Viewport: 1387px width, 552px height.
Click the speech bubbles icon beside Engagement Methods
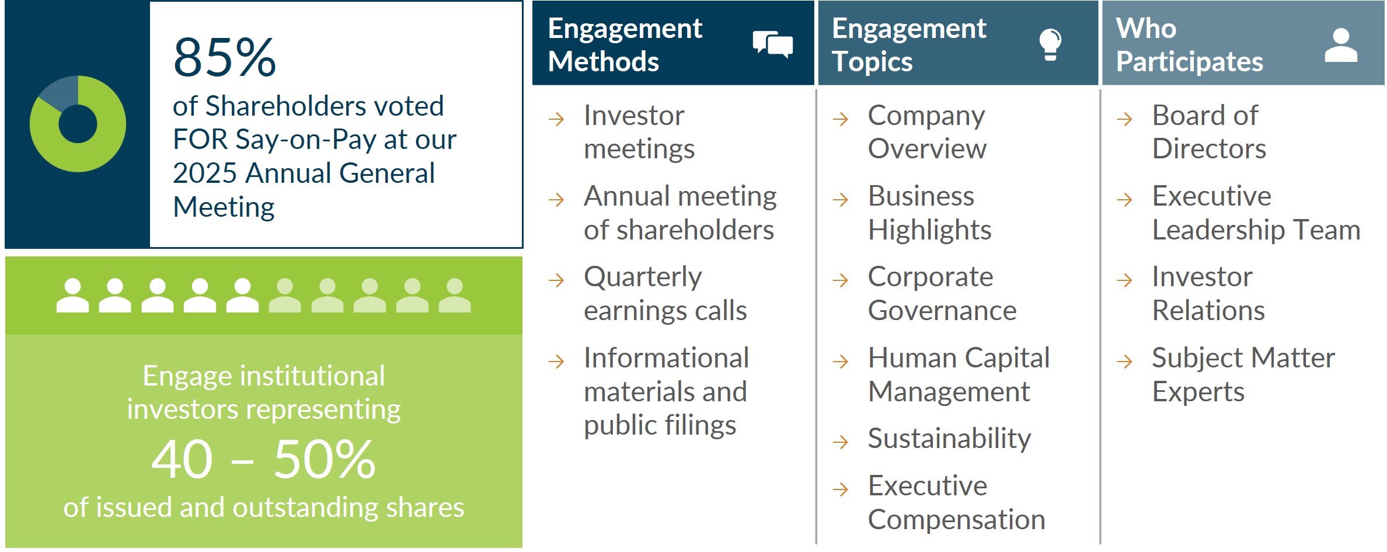772,44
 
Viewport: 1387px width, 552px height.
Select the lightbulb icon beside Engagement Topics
1050,44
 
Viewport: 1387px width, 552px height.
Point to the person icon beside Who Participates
1341,45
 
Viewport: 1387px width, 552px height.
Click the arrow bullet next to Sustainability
840,442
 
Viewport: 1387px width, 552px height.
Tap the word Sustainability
949,439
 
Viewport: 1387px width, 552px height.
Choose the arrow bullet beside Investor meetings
556,119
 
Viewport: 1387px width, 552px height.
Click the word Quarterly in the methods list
643,277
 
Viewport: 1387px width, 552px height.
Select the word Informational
666,358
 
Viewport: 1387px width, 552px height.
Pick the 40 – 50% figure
263,460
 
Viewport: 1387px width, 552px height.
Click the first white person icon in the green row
72,296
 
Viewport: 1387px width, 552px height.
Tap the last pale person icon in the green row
454,296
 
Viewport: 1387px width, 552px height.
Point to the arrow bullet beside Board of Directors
1124,119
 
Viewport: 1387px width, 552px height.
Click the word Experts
1198,392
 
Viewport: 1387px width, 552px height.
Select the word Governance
942,311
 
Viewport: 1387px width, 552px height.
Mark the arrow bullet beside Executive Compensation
840,489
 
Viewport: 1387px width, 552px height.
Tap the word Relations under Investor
1208,311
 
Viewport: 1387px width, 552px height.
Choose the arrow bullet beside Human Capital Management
840,362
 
